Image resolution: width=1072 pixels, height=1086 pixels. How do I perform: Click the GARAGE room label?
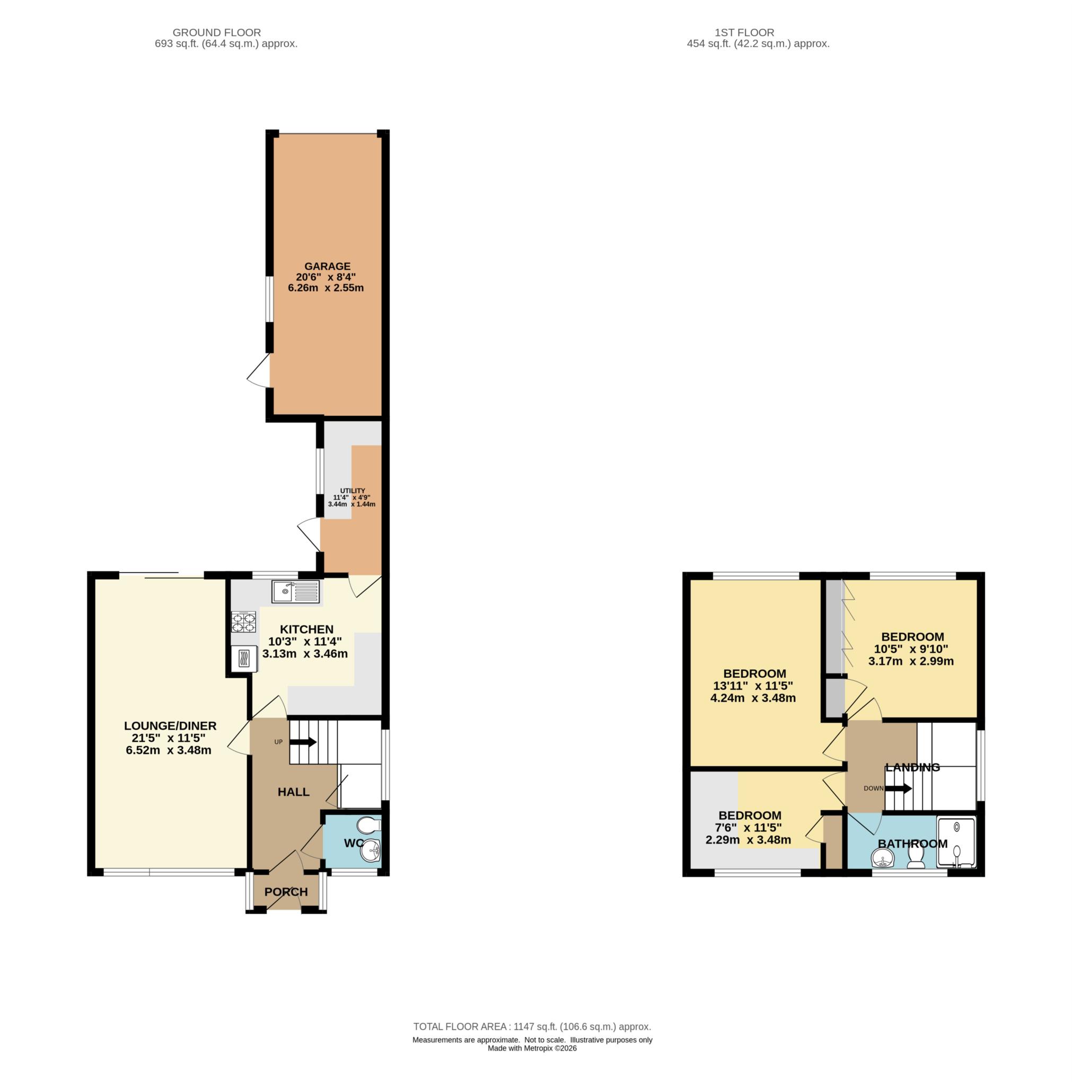coord(327,266)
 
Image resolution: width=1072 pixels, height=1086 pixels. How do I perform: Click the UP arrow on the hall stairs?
coord(303,742)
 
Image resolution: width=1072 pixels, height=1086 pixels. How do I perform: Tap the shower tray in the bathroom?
coord(957,843)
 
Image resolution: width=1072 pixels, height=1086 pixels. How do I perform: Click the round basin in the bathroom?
coord(883,858)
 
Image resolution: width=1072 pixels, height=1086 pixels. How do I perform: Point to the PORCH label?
coord(286,892)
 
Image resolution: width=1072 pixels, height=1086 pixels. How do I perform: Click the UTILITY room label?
coord(353,491)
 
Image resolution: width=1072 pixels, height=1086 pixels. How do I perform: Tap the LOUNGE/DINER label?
coord(170,726)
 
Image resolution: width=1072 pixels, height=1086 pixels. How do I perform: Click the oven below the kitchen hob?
coord(244,658)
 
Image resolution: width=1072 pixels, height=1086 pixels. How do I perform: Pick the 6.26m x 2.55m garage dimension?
coord(326,288)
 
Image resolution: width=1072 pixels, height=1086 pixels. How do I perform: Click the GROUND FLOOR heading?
coord(216,32)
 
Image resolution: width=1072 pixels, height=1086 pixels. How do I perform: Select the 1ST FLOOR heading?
coord(744,32)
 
